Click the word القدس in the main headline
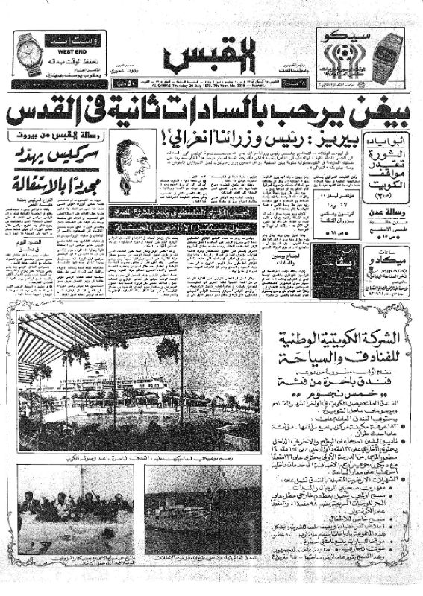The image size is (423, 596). point(48,115)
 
